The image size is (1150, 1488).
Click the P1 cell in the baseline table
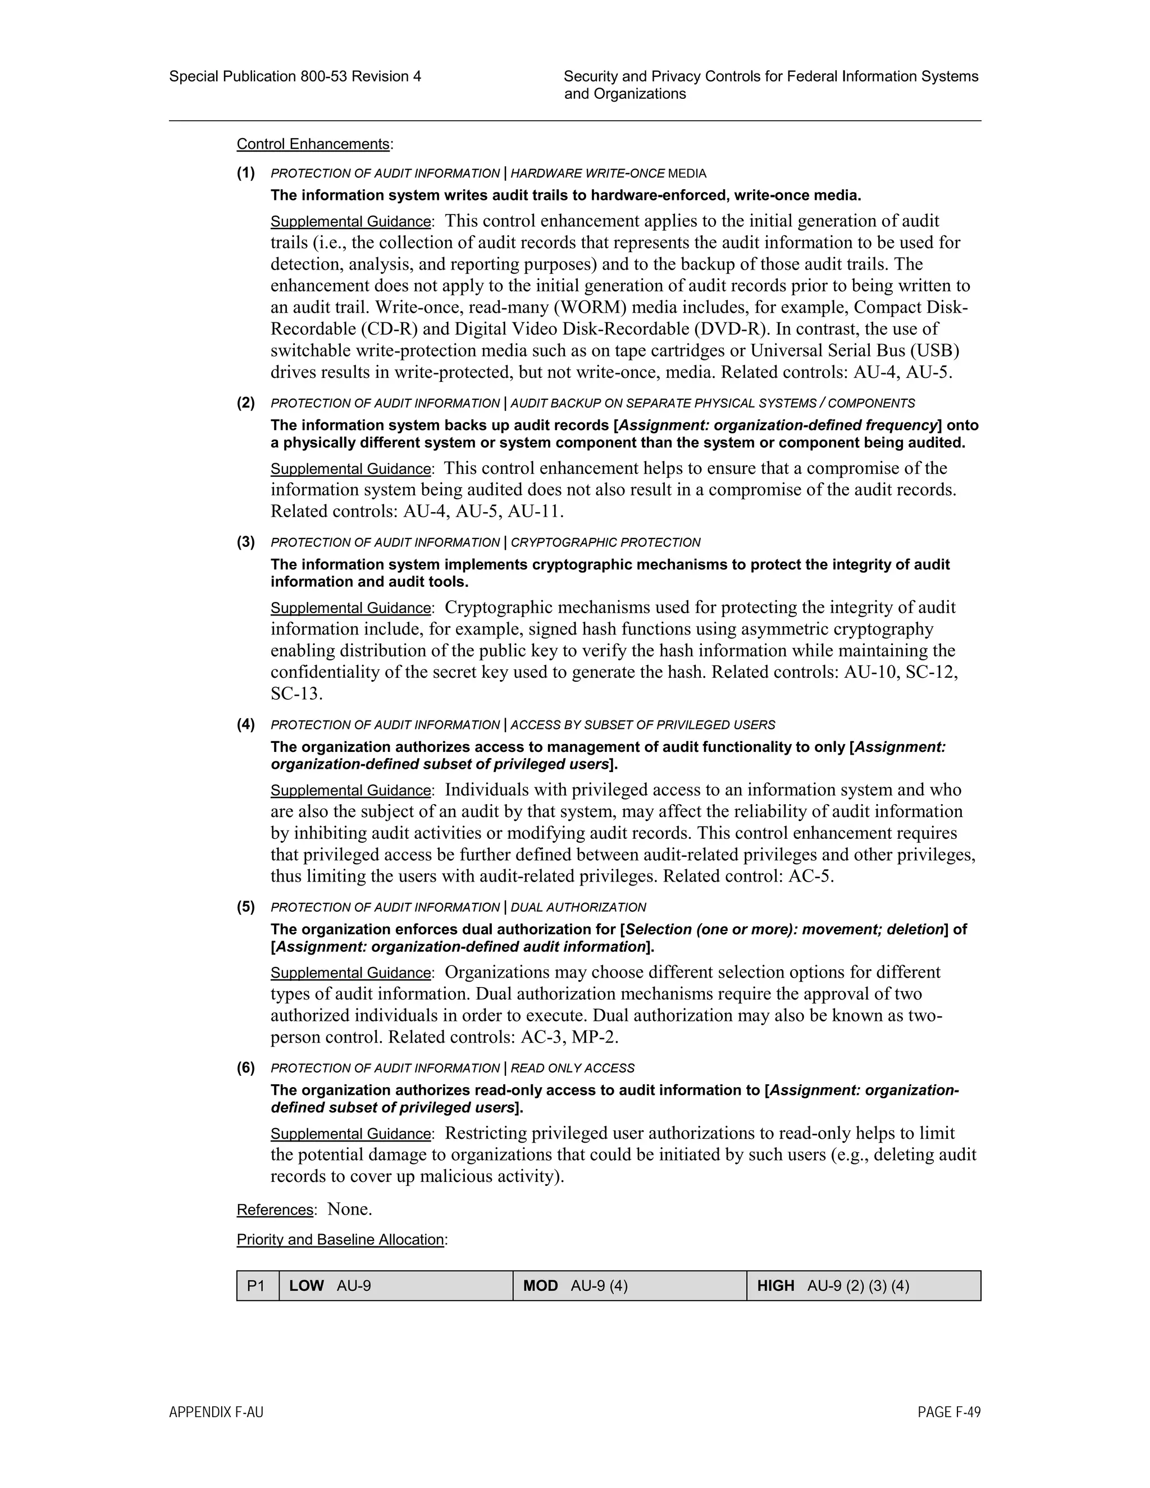(x=257, y=1286)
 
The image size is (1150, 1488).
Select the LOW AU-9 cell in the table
(x=395, y=1286)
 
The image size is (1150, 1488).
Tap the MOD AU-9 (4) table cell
(x=629, y=1286)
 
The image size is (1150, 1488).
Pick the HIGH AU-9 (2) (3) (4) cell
(x=863, y=1286)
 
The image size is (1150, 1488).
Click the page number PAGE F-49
(x=949, y=1412)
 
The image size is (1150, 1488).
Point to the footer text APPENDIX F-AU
(x=216, y=1412)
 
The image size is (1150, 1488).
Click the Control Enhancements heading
(x=313, y=144)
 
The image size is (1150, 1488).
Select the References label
(x=275, y=1210)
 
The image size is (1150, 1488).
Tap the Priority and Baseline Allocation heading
(x=341, y=1239)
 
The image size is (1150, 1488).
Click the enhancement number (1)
(x=246, y=173)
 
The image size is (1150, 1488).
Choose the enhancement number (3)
(x=246, y=542)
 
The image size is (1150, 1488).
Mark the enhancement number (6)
(x=246, y=1069)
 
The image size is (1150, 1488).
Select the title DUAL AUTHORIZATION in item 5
(x=578, y=907)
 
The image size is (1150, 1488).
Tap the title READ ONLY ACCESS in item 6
(x=572, y=1069)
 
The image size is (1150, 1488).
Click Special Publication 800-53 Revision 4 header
(x=295, y=76)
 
